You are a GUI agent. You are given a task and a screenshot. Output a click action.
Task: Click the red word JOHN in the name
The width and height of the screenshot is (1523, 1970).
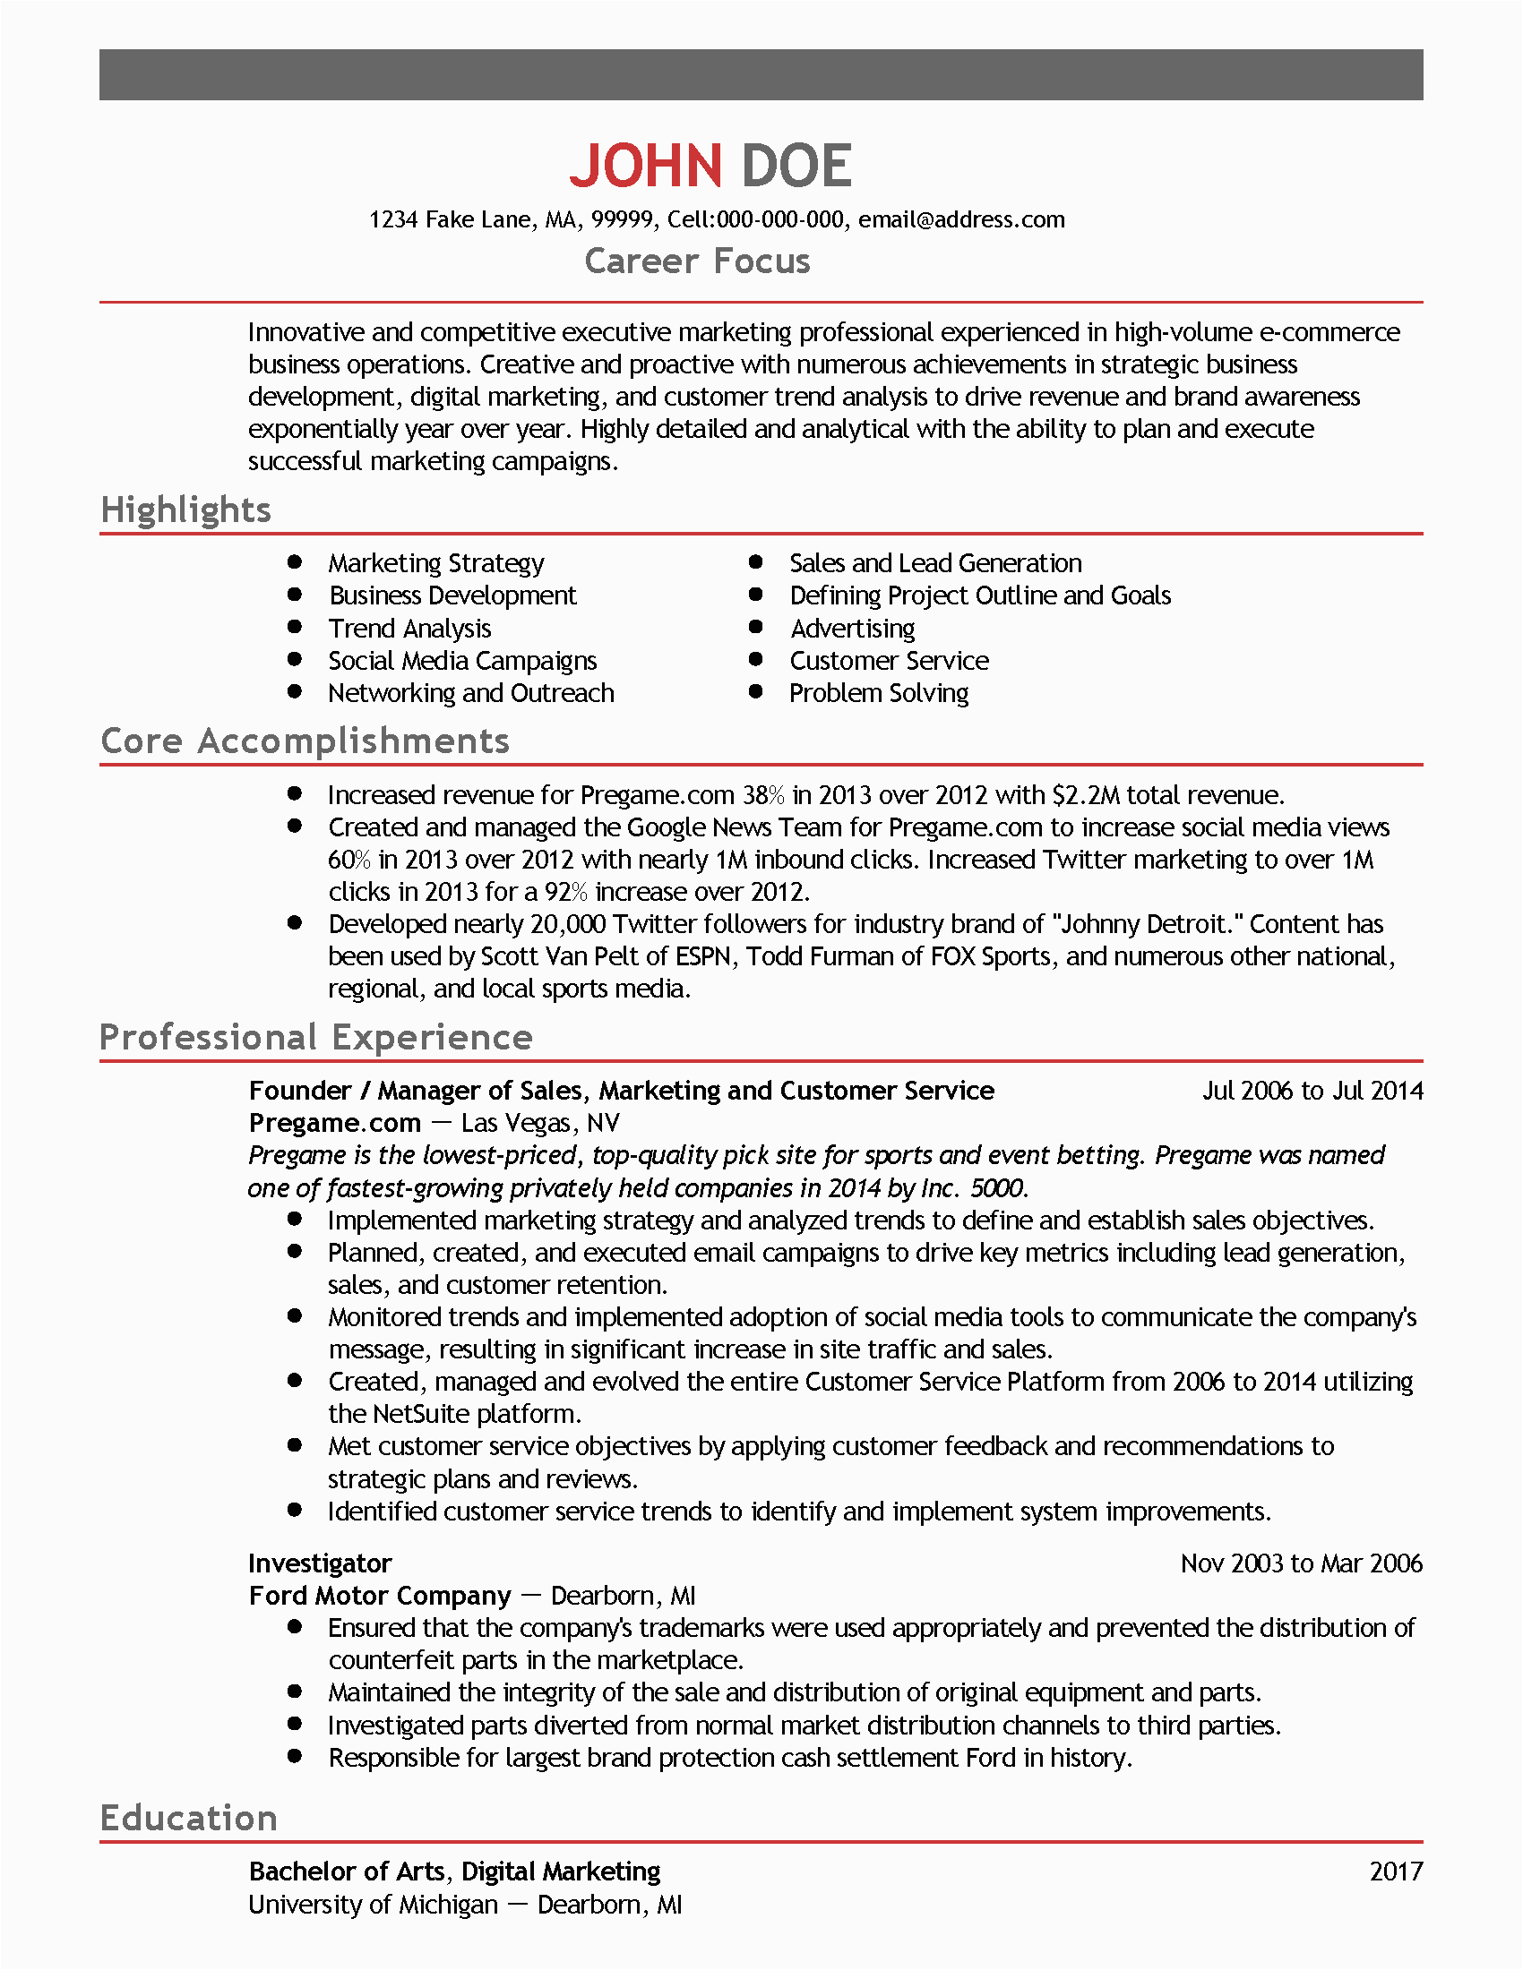click(x=645, y=166)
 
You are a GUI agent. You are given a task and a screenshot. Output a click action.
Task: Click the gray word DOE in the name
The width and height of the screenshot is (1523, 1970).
click(x=796, y=166)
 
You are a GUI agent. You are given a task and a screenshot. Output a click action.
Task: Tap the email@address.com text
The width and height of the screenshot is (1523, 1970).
click(x=961, y=219)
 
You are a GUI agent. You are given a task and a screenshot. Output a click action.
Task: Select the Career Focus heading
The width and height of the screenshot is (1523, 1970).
click(x=697, y=261)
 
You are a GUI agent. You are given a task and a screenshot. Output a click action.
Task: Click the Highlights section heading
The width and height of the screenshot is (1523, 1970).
click(x=185, y=510)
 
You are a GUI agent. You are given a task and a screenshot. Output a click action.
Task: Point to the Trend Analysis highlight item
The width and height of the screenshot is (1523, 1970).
click(x=409, y=628)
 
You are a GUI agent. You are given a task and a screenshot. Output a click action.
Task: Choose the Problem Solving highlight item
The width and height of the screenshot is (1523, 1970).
click(x=879, y=693)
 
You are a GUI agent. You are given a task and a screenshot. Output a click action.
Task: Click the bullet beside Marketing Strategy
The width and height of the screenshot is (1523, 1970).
click(x=294, y=562)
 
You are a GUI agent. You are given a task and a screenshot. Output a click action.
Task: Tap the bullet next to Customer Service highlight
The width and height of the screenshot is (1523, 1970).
click(x=756, y=659)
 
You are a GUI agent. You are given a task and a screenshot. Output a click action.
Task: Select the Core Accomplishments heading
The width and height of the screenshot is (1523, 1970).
click(x=305, y=741)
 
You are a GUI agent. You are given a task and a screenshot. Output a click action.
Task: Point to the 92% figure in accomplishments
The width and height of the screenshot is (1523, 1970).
click(x=565, y=891)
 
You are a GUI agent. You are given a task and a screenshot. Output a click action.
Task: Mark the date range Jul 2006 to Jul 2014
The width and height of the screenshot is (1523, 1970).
click(x=1312, y=1091)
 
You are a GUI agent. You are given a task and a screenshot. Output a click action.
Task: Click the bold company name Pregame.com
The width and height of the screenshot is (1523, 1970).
click(x=335, y=1123)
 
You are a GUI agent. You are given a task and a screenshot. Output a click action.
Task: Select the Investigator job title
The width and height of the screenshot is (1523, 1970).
click(x=321, y=1563)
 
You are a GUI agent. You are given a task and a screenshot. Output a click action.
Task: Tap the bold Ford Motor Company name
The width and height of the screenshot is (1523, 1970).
click(x=380, y=1596)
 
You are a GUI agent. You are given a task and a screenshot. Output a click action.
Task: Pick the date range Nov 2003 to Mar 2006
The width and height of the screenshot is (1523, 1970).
click(x=1301, y=1563)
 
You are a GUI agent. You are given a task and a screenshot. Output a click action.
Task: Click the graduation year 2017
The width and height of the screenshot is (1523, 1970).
click(x=1395, y=1871)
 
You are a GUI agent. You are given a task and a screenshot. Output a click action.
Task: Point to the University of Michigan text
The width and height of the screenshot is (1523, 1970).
click(x=373, y=1904)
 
